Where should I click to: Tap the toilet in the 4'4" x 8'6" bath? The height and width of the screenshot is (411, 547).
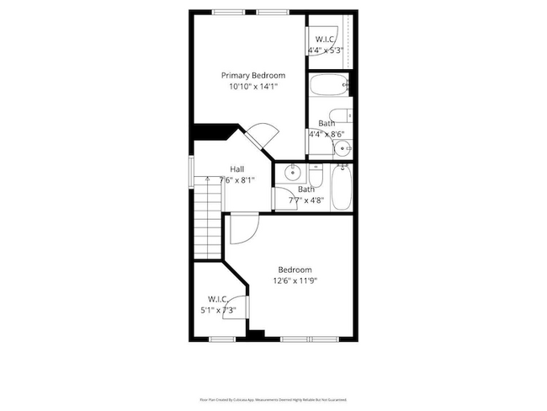[x=340, y=117]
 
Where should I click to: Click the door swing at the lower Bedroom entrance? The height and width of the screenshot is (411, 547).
[x=244, y=227]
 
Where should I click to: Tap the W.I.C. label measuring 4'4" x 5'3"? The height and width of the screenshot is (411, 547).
[x=327, y=40]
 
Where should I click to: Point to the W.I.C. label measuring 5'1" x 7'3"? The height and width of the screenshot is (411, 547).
[x=219, y=299]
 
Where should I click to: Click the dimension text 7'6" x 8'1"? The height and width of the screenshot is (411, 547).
[x=237, y=179]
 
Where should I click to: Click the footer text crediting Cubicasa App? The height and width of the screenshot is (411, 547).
[x=273, y=399]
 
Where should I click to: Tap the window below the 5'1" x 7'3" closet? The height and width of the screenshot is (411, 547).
[x=221, y=339]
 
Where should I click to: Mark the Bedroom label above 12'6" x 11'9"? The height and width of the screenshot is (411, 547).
[x=295, y=270]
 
